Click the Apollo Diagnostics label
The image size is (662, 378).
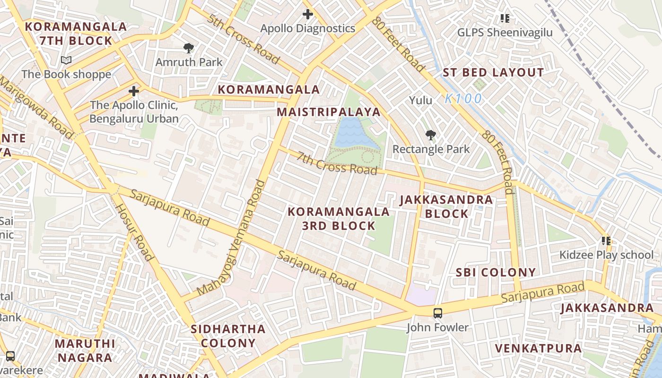pyautogui.click(x=307, y=28)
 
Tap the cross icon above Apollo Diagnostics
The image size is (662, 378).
pyautogui.click(x=307, y=14)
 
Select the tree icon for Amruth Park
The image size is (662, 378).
pyautogui.click(x=189, y=48)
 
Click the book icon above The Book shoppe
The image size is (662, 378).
pyautogui.click(x=66, y=60)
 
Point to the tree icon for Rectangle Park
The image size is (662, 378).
pyautogui.click(x=430, y=135)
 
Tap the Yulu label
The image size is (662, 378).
pyautogui.click(x=420, y=100)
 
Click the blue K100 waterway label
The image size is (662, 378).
pyautogui.click(x=463, y=99)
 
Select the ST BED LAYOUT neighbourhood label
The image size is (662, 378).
pyautogui.click(x=493, y=73)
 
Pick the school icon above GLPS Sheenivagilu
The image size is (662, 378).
pyautogui.click(x=505, y=18)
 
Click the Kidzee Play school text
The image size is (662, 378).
pyautogui.click(x=606, y=255)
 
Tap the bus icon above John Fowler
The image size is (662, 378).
pyautogui.click(x=438, y=313)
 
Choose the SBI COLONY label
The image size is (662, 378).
pyautogui.click(x=496, y=272)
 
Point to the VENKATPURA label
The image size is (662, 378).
pyautogui.click(x=538, y=349)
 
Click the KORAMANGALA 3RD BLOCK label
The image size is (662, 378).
pyautogui.click(x=339, y=219)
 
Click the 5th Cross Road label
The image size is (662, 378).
pyautogui.click(x=243, y=39)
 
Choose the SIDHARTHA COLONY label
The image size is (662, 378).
pyautogui.click(x=228, y=336)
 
